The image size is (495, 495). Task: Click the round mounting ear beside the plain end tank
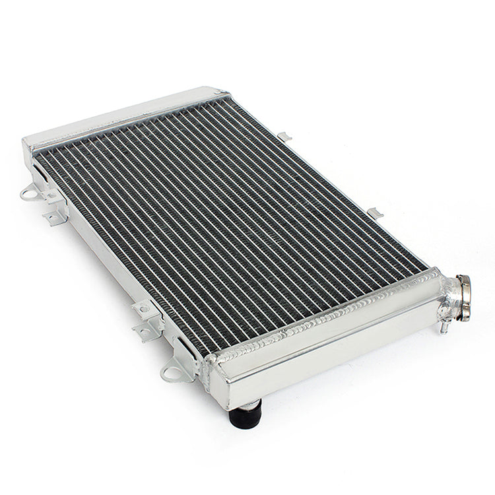30,194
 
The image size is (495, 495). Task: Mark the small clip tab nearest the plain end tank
285,137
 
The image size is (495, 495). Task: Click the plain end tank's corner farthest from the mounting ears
221,92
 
